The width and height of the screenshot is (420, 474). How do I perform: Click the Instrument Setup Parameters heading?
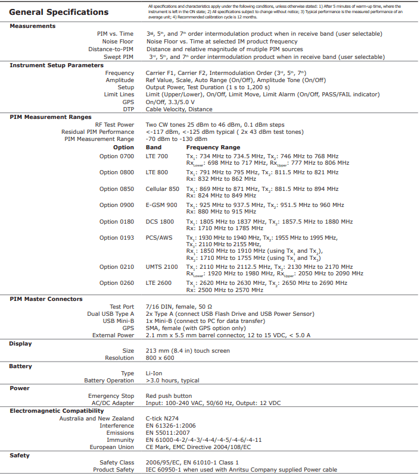(x=52, y=65)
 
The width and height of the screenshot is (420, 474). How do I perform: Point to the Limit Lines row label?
(x=119, y=95)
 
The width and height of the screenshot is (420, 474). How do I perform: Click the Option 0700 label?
(x=117, y=156)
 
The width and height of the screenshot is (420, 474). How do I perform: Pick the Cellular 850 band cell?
(x=162, y=189)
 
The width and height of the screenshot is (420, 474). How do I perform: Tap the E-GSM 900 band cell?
(x=161, y=205)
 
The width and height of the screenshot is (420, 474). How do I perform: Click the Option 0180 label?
(x=117, y=221)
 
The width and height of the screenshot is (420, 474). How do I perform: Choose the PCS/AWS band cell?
(x=160, y=238)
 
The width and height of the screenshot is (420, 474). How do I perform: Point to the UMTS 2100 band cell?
(x=163, y=267)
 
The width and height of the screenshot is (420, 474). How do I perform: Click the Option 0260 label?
(x=117, y=283)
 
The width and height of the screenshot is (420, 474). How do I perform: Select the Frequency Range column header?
(x=213, y=147)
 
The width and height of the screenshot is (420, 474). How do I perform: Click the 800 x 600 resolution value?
(x=161, y=358)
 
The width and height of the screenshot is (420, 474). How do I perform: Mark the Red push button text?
(x=169, y=396)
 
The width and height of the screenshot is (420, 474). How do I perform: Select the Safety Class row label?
(x=117, y=462)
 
